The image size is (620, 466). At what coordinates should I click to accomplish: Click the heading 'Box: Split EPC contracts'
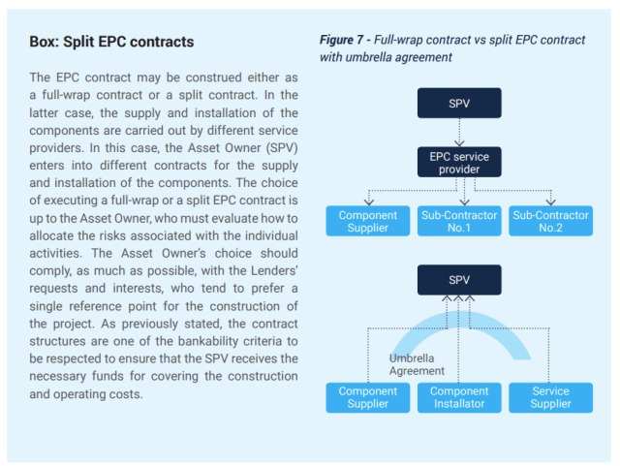click(111, 43)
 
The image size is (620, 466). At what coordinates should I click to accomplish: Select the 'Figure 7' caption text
click(451, 47)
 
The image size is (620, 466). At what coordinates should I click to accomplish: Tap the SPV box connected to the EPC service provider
click(459, 103)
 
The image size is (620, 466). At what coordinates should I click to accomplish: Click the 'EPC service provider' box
click(459, 162)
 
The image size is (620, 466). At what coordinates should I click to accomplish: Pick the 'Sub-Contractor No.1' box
click(459, 221)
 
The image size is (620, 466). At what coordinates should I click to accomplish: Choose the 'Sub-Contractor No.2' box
click(551, 221)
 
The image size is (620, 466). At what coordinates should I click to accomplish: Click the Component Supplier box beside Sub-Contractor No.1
click(367, 221)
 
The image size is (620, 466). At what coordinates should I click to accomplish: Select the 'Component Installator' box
click(459, 397)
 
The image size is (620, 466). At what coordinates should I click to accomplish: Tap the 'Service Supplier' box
click(551, 397)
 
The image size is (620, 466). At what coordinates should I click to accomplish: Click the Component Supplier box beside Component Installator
click(367, 397)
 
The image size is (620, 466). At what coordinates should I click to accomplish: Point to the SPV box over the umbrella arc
click(459, 280)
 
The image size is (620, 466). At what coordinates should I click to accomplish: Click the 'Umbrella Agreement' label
click(418, 364)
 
